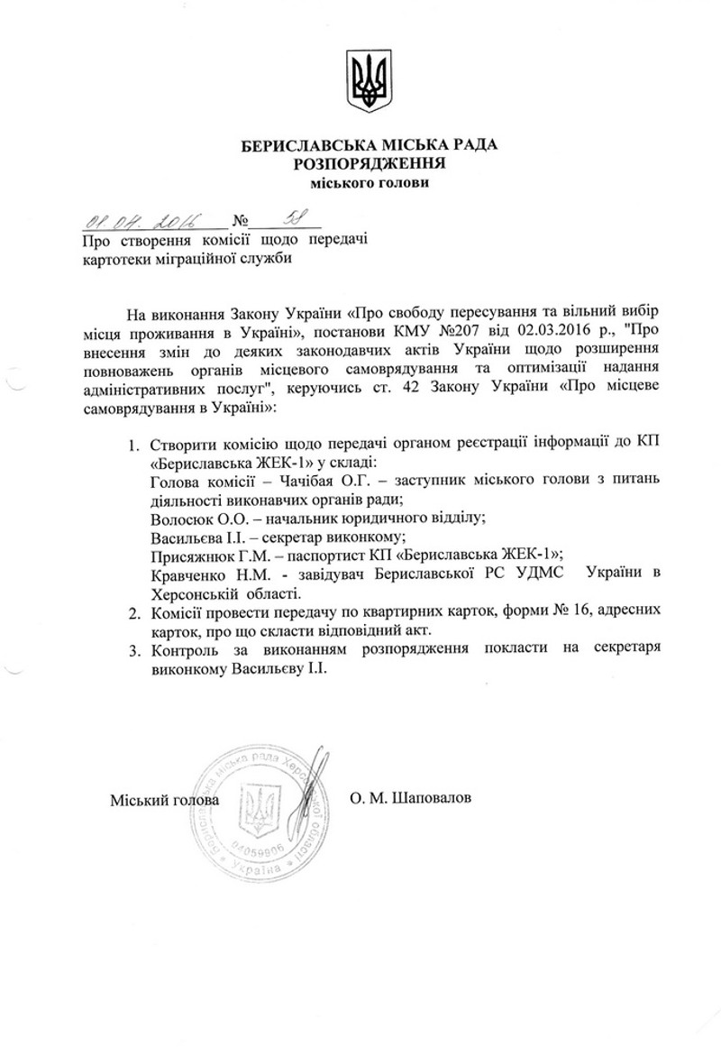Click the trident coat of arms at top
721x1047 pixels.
tap(369, 82)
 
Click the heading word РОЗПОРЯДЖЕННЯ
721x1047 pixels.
tap(369, 163)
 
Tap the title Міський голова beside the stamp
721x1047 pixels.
tap(165, 800)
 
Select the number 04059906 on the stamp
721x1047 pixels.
tap(260, 850)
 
